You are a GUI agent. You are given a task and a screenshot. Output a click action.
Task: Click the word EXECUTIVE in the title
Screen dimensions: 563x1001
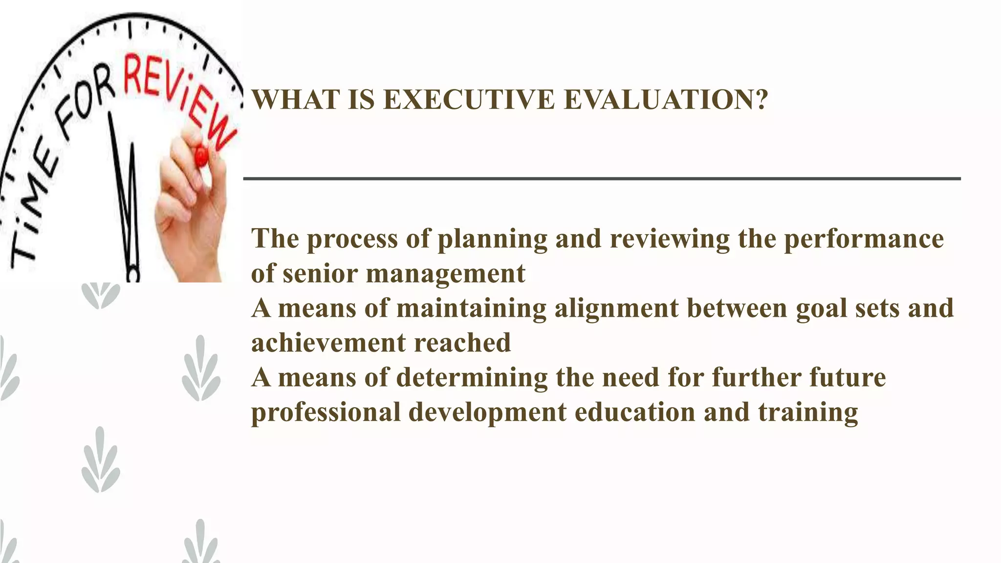click(x=469, y=100)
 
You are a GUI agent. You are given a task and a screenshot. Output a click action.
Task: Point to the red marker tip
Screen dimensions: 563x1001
click(x=201, y=157)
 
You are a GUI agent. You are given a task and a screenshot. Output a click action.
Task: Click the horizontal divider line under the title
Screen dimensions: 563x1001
click(x=601, y=179)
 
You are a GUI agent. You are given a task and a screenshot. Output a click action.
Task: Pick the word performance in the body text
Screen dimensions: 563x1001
click(x=864, y=239)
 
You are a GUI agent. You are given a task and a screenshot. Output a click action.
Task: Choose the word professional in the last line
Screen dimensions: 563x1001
click(x=326, y=412)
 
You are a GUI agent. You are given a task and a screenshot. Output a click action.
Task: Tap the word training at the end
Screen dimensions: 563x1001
click(x=807, y=412)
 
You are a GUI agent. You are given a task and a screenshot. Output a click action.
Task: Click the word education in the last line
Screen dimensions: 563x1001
click(x=634, y=412)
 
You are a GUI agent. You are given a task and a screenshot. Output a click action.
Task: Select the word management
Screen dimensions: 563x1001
click(x=445, y=274)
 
